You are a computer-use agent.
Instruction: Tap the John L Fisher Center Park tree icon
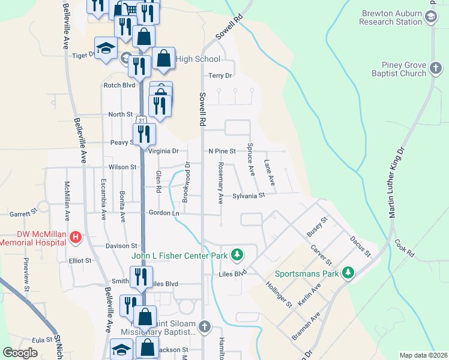pos(238,256)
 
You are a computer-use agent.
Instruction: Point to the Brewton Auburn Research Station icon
pos(431,17)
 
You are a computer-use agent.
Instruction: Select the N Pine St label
pos(223,151)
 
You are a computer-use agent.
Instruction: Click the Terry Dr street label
pos(220,76)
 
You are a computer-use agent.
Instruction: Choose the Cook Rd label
pos(405,249)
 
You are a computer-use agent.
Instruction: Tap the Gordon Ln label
pos(164,213)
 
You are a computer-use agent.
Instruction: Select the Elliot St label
pos(80,261)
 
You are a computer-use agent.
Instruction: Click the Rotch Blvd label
pos(119,85)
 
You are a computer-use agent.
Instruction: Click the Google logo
pos(20,353)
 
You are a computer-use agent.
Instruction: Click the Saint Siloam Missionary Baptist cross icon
pos(205,328)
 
